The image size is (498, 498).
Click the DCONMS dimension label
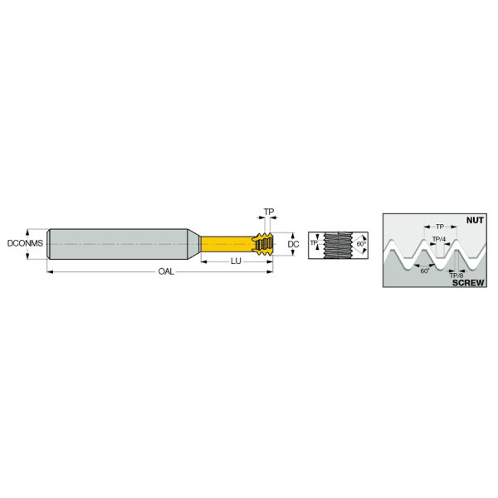point(25,243)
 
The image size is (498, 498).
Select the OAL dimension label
point(166,271)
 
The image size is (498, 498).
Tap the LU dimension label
point(236,261)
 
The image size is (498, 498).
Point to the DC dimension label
point(293,244)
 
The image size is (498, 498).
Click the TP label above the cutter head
point(269,212)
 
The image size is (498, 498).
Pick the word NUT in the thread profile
point(475,220)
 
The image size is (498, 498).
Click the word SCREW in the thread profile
point(468,282)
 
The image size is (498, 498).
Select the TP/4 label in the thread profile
point(439,239)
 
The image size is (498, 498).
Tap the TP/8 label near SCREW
point(456,276)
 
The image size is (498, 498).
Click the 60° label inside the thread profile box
point(425,271)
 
